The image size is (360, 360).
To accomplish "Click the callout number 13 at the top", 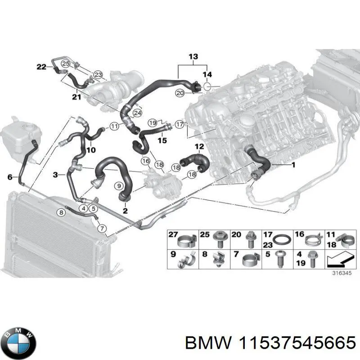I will click(x=193, y=57).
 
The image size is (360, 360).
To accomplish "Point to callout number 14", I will click(x=207, y=74).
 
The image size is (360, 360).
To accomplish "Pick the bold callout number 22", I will click(x=41, y=67).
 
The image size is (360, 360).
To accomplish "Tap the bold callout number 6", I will click(x=10, y=177).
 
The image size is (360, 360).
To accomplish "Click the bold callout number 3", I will click(x=55, y=174).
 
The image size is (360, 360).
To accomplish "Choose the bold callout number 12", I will click(x=199, y=147).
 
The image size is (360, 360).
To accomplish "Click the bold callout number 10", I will click(x=91, y=150).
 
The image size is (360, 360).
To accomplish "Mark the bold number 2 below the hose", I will click(x=125, y=211).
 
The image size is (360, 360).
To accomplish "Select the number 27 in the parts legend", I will click(x=173, y=235).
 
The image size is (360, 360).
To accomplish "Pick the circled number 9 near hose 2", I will click(x=119, y=185).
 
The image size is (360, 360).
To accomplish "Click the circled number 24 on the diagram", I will click(x=137, y=112).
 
